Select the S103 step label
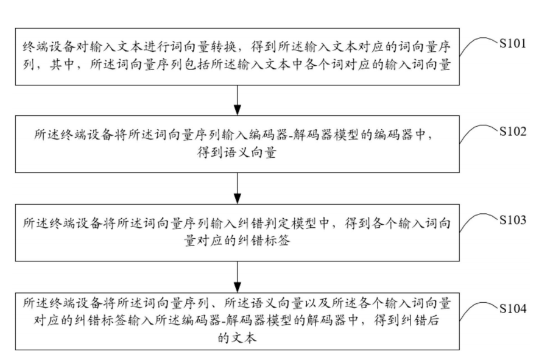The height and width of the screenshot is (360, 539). [512, 220]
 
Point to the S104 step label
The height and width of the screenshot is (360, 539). [512, 309]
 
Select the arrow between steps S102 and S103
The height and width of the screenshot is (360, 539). [237, 187]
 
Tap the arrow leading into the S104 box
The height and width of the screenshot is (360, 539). [237, 275]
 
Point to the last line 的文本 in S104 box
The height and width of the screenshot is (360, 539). [237, 339]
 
